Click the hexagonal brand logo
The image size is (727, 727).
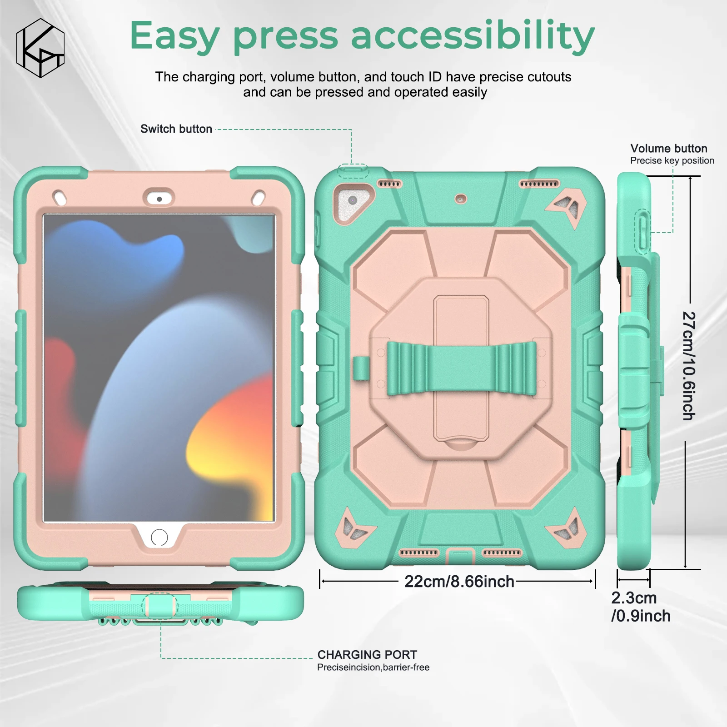(x=40, y=48)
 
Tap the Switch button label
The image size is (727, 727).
(x=176, y=129)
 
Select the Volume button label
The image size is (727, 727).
(x=668, y=149)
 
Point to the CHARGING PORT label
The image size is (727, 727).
(x=367, y=655)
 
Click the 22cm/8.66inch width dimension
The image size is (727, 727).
(x=459, y=582)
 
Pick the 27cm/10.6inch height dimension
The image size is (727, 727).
(x=689, y=366)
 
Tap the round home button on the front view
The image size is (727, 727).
(x=159, y=538)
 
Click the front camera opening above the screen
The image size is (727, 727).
(x=159, y=199)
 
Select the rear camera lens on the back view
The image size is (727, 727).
(x=353, y=200)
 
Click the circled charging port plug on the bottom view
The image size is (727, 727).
(x=159, y=606)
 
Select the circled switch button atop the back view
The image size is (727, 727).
(x=353, y=171)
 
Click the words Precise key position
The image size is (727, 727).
(x=672, y=161)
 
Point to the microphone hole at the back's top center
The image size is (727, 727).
(x=461, y=199)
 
